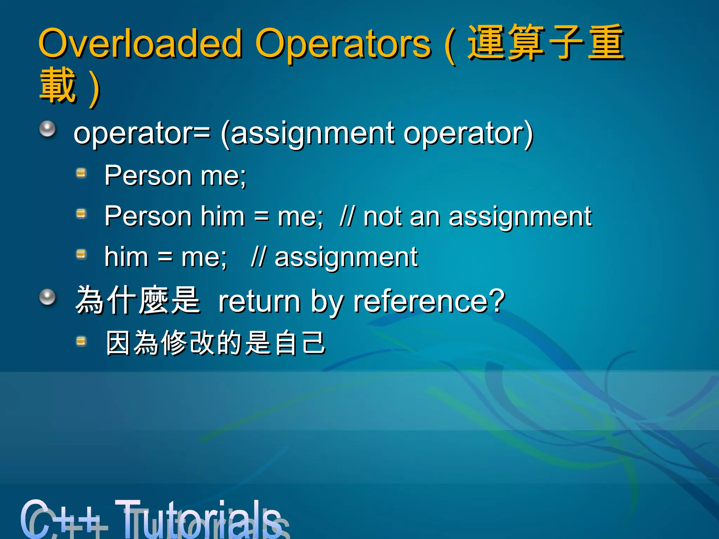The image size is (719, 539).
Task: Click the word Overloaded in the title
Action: pyautogui.click(x=140, y=44)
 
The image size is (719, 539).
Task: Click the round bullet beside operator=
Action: pyautogui.click(x=47, y=129)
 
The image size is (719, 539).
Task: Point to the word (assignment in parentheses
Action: pyautogui.click(x=308, y=134)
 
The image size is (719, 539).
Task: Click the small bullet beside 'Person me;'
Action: pyautogui.click(x=81, y=173)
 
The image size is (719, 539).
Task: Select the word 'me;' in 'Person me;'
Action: pyautogui.click(x=223, y=175)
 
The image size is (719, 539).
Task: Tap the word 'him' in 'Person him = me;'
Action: pyautogui.click(x=222, y=216)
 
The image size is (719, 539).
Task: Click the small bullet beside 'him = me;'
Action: pyautogui.click(x=81, y=254)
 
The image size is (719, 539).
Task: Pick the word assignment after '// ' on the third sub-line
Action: pyautogui.click(x=346, y=257)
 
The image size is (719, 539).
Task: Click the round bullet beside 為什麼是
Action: pyautogui.click(x=47, y=297)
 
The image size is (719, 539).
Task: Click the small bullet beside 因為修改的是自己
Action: pyautogui.click(x=81, y=341)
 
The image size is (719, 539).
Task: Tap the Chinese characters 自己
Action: pyautogui.click(x=301, y=343)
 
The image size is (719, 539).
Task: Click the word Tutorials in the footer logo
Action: pyautogui.click(x=200, y=519)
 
